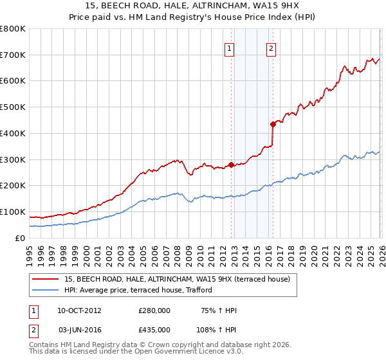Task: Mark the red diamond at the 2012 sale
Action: pyautogui.click(x=231, y=165)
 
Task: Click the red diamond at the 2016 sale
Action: pyautogui.click(x=273, y=124)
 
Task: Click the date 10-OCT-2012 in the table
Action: pyautogui.click(x=79, y=310)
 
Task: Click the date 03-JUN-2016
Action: pyautogui.click(x=79, y=329)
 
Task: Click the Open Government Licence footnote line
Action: pyautogui.click(x=135, y=353)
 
